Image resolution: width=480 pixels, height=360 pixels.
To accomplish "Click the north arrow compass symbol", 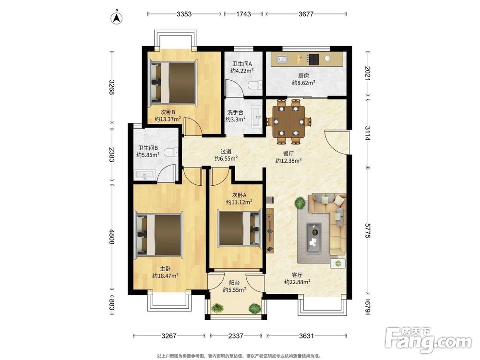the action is coord(117,17).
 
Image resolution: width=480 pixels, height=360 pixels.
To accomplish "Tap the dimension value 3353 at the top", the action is coord(184,14).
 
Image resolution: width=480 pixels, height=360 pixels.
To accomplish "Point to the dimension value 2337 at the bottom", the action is coord(236,336).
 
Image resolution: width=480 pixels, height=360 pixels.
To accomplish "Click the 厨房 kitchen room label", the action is coord(303,76).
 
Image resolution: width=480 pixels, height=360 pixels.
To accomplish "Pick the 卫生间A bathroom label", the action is coord(242,64).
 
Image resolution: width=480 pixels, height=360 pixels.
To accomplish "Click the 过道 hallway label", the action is coord(226,152).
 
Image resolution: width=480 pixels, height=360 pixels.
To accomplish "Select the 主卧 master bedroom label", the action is coord(165,269).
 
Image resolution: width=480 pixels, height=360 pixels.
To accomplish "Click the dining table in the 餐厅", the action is coord(288,121).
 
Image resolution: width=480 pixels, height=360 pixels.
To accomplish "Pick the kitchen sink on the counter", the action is coord(281,59).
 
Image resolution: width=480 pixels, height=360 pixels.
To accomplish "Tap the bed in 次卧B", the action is coord(172,83).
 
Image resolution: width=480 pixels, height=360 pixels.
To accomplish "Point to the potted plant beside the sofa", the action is coord(300,203).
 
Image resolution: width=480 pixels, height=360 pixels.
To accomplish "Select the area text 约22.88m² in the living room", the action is coord(297,282).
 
